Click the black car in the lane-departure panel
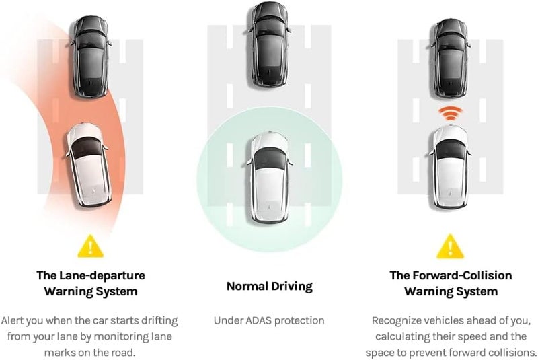tap(91, 57)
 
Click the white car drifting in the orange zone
tap(89, 165)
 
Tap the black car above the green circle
tap(270, 44)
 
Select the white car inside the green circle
tap(270, 178)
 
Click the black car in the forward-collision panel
tap(450, 59)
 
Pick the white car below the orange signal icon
tap(450, 167)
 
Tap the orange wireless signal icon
tap(451, 113)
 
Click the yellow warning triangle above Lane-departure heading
tap(90, 246)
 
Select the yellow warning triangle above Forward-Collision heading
tap(450, 246)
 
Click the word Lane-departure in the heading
tap(102, 275)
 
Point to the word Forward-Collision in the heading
tap(462, 275)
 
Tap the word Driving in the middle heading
tap(292, 287)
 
